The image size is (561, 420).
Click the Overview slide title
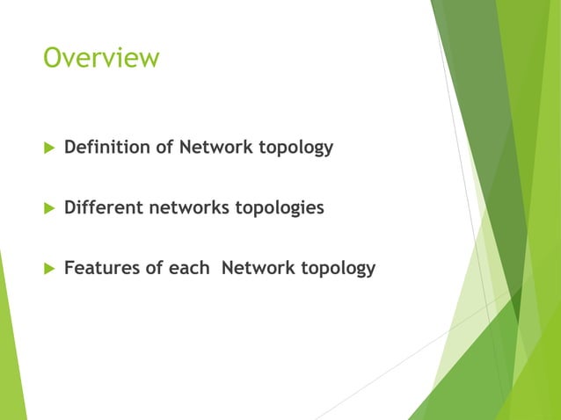[102, 58]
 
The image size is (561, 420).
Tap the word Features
[101, 267]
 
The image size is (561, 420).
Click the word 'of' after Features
[155, 267]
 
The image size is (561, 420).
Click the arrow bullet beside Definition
[47, 148]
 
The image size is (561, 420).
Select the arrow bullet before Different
[47, 208]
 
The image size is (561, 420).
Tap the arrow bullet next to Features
[47, 268]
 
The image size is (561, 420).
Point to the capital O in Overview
[53, 58]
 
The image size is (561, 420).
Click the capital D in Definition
[71, 147]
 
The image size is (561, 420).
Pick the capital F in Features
[69, 267]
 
